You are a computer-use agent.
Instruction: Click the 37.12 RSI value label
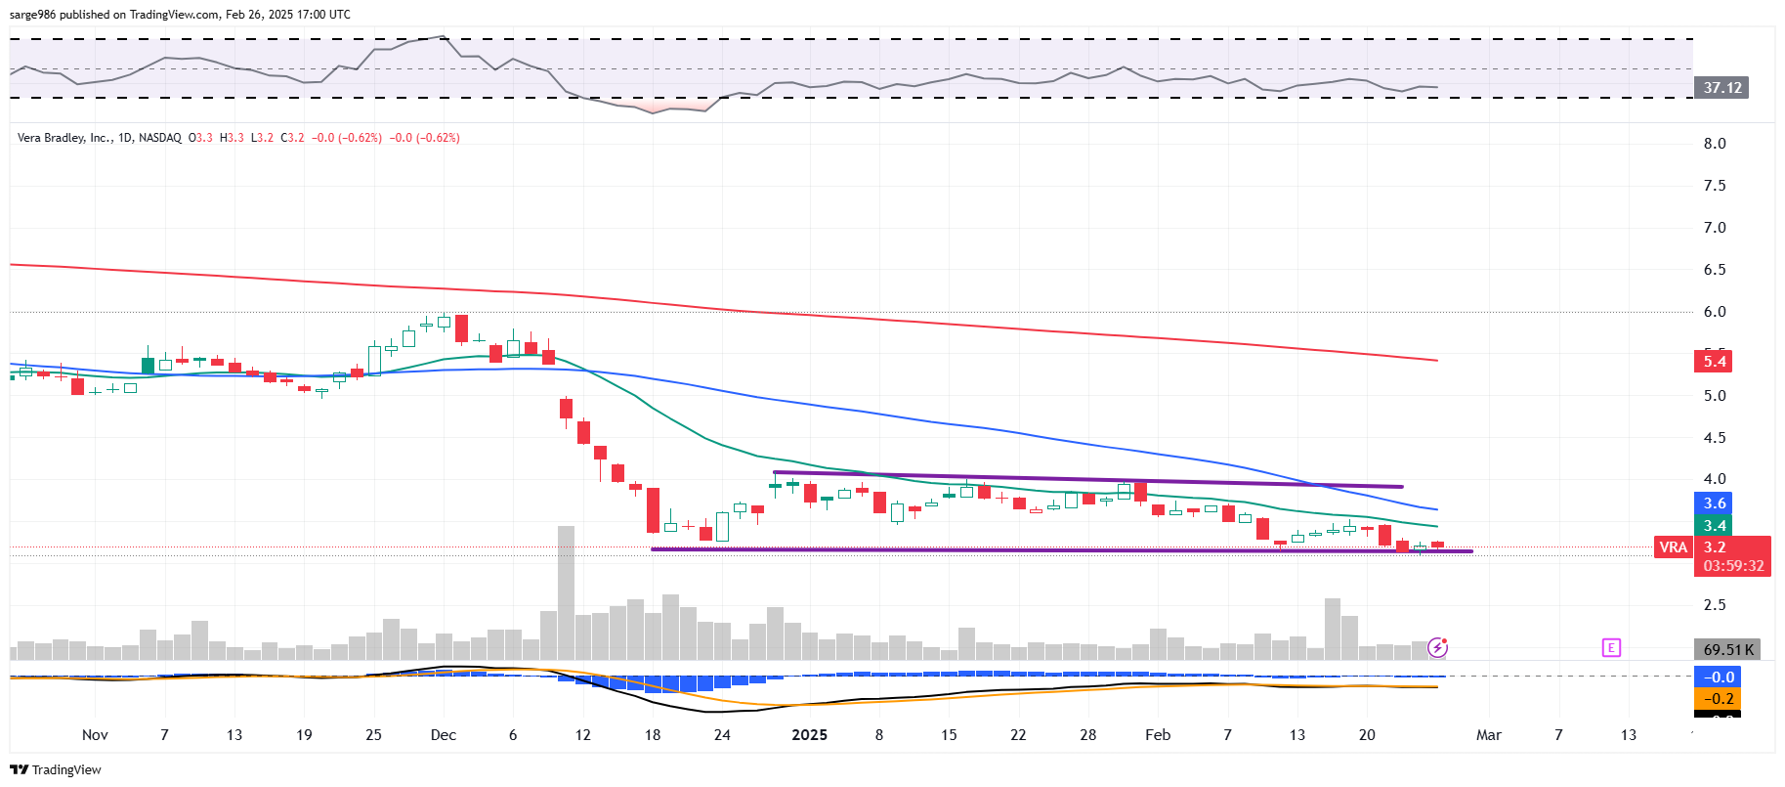(x=1721, y=88)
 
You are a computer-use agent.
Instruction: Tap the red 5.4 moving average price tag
(x=1715, y=362)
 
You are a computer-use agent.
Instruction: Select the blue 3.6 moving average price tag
(x=1715, y=503)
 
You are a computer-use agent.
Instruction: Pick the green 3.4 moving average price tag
(x=1715, y=526)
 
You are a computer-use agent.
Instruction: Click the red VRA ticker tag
(x=1673, y=547)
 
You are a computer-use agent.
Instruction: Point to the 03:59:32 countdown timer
(x=1733, y=566)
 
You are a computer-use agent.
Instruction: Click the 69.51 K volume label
(x=1727, y=650)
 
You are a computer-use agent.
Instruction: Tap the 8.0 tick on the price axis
(x=1715, y=144)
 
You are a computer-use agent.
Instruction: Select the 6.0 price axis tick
(x=1715, y=312)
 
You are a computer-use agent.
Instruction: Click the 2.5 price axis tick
(x=1715, y=605)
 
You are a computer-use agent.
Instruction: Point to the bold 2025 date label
(x=809, y=735)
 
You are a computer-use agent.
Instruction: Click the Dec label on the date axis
(x=443, y=735)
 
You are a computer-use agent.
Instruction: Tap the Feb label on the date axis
(x=1158, y=735)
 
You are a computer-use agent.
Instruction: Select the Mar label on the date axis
(x=1488, y=735)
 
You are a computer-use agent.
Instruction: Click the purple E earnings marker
(x=1611, y=647)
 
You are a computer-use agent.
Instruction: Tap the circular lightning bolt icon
(x=1437, y=647)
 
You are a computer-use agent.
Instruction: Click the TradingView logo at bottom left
(x=56, y=770)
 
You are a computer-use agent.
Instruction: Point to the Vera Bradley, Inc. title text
(x=64, y=138)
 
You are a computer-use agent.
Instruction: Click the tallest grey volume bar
(x=566, y=592)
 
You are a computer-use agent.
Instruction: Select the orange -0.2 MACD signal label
(x=1718, y=699)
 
